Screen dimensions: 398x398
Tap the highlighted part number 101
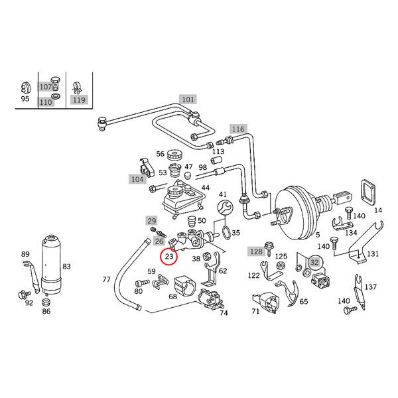click(188, 100)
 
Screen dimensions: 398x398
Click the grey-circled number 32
click(314, 262)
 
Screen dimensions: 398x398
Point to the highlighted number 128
click(255, 251)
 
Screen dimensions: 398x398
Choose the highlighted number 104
click(137, 179)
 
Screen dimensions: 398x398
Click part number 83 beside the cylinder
click(66, 267)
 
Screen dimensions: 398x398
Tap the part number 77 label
click(106, 280)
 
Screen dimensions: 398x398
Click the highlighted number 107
click(45, 86)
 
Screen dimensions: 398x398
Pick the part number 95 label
click(25, 99)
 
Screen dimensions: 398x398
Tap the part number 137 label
click(371, 287)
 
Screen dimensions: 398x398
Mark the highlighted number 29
click(152, 220)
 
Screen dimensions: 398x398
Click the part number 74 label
click(224, 313)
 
